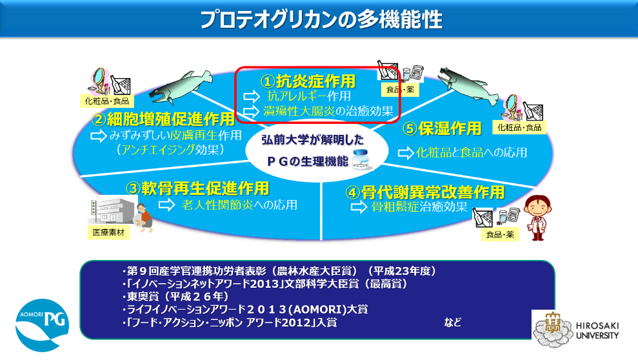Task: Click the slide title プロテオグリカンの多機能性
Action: pyautogui.click(x=321, y=19)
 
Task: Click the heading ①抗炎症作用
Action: pyautogui.click(x=308, y=81)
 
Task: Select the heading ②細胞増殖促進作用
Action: pyautogui.click(x=163, y=119)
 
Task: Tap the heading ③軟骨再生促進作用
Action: pyautogui.click(x=197, y=188)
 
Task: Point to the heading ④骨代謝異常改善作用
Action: pyautogui.click(x=425, y=192)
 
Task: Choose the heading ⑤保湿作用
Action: pyautogui.click(x=442, y=128)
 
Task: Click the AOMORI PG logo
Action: pyautogui.click(x=43, y=325)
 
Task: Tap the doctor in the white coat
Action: pyautogui.click(x=537, y=218)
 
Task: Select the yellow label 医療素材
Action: pyautogui.click(x=108, y=232)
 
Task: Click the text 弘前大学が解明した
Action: pyautogui.click(x=312, y=140)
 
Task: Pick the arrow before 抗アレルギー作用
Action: pyautogui.click(x=252, y=96)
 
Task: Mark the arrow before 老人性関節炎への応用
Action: pyautogui.click(x=167, y=205)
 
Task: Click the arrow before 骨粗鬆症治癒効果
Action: pyautogui.click(x=359, y=206)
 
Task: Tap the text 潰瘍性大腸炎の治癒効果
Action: pyautogui.click(x=328, y=110)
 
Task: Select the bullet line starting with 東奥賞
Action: pyautogui.click(x=175, y=297)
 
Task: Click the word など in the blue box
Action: pyautogui.click(x=452, y=323)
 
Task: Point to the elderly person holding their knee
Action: pyautogui.click(x=144, y=217)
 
